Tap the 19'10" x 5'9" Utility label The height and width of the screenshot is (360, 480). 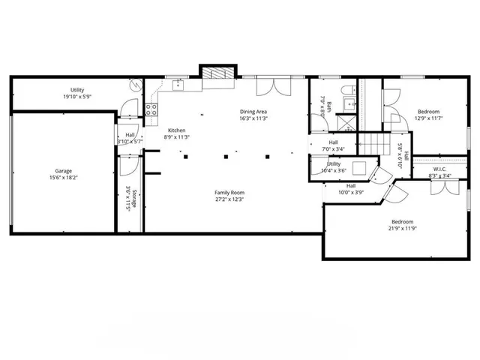coord(77,93)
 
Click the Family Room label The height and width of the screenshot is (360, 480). coord(229,195)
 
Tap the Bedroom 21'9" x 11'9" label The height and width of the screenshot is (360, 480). coord(402,224)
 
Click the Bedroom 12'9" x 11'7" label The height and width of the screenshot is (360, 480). coord(429,114)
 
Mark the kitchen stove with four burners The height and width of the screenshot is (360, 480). coord(151,109)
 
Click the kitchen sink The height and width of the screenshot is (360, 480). coord(178,84)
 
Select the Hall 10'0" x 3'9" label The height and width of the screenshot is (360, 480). coord(351,189)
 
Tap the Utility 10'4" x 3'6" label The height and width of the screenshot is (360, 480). coord(334,166)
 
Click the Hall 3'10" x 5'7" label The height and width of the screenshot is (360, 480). coord(130,138)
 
